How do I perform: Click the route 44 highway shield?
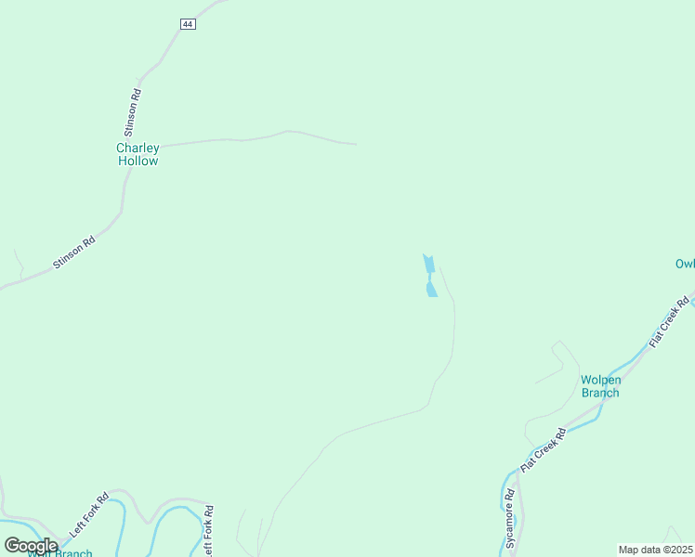point(188,23)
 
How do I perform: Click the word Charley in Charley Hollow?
point(138,148)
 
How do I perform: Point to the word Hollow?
point(138,161)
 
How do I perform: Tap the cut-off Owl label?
point(685,264)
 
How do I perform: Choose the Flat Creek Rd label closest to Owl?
point(670,322)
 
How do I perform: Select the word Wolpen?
point(600,380)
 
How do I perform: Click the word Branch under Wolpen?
point(600,393)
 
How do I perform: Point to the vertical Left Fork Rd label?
point(210,530)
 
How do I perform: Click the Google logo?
point(31,546)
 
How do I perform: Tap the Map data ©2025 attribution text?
point(656,550)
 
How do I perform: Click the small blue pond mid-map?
point(430,277)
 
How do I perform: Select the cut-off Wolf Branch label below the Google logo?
point(60,553)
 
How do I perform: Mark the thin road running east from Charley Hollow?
point(260,137)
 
